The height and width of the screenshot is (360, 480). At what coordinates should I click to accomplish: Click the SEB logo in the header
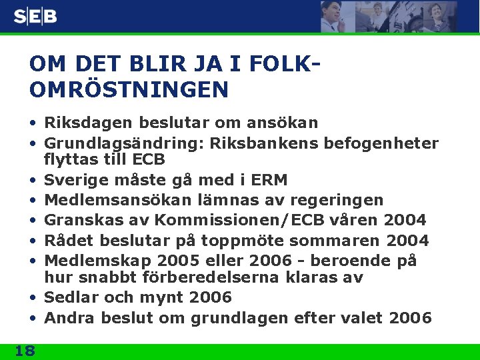point(35,17)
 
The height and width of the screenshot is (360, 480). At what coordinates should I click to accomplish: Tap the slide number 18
point(25,351)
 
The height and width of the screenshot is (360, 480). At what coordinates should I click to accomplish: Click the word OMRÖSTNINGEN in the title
point(129,89)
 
